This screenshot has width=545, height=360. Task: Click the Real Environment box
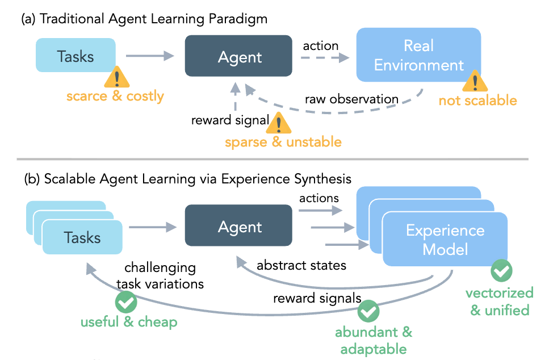(419, 55)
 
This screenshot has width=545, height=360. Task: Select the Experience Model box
(445, 240)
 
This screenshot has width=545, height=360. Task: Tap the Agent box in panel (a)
(240, 57)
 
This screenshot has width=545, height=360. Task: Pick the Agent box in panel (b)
(240, 227)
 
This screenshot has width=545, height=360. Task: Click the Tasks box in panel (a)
(76, 56)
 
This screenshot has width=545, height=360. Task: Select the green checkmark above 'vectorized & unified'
(501, 271)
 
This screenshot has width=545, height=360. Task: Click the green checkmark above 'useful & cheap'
(125, 302)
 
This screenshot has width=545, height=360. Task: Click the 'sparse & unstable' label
(283, 141)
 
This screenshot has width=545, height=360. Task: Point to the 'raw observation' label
(351, 99)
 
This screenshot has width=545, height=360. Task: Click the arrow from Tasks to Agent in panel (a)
(149, 55)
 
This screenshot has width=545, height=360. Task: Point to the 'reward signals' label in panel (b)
(317, 298)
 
